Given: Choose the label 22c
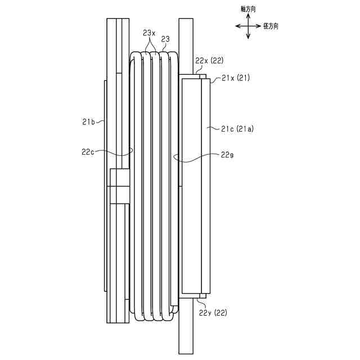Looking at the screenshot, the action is (88, 151).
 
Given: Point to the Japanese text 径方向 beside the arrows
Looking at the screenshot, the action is (271, 26).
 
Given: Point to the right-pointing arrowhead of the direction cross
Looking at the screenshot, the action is (259, 26).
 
